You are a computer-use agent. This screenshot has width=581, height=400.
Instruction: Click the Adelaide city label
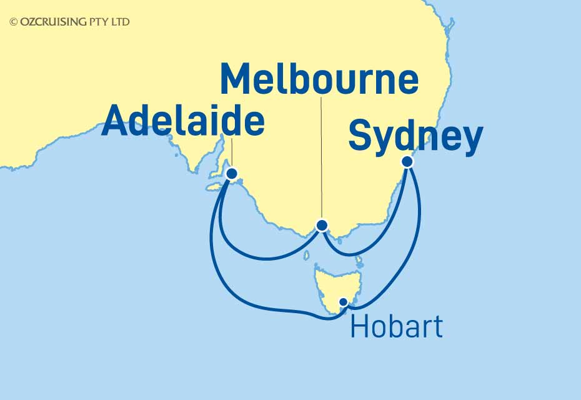pos(182,121)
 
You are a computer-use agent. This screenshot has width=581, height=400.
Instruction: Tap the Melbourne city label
pos(319,81)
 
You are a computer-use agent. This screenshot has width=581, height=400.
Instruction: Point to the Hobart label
pos(397,327)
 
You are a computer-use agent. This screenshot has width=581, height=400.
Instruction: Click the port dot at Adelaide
pos(232,174)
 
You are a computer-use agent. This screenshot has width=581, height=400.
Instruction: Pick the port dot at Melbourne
pos(322,225)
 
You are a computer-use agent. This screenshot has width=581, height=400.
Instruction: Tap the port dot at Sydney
pos(407,161)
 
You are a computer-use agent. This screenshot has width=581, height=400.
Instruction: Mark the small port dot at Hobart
pos(343,302)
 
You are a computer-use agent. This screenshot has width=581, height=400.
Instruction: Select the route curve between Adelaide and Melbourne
pos(262,256)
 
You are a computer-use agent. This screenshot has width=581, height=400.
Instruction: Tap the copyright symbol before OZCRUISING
pos(13,22)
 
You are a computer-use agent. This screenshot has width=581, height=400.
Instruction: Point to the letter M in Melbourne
pos(241,81)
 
